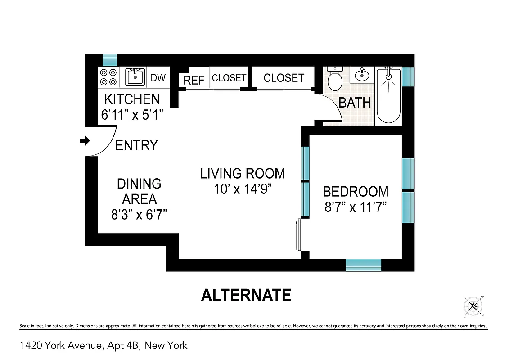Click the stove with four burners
point(108,77)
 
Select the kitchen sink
point(135,77)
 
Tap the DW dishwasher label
point(158,77)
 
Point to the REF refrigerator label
point(194,80)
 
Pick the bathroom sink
point(361,74)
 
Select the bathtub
point(387,95)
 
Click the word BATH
point(355,103)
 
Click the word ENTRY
point(137,145)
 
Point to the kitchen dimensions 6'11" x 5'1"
point(132,114)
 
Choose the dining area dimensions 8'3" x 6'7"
point(139,214)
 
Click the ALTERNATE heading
point(246,295)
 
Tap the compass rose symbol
point(473,306)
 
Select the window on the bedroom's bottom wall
point(363,265)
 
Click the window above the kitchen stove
point(110,59)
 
